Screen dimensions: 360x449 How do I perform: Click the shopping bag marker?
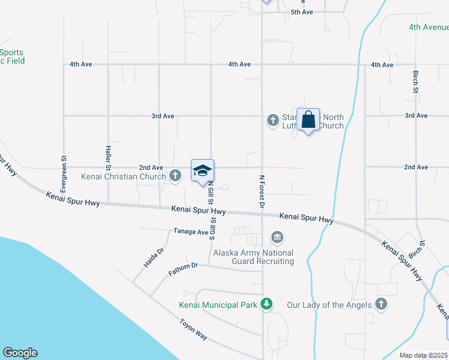pyautogui.click(x=308, y=119)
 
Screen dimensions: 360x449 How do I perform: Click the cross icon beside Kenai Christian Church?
pyautogui.click(x=175, y=176)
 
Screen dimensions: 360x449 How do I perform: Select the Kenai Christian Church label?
pyautogui.click(x=124, y=176)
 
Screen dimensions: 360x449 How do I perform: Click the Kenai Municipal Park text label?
pyautogui.click(x=218, y=305)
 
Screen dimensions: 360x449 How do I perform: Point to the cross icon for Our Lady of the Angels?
pyautogui.click(x=381, y=304)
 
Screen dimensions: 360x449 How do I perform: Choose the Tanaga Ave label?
pyautogui.click(x=190, y=230)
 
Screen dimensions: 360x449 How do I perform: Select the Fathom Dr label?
pyautogui.click(x=183, y=267)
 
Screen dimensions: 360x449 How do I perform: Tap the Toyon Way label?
pyautogui.click(x=193, y=329)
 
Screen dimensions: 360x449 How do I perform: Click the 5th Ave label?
pyautogui.click(x=302, y=12)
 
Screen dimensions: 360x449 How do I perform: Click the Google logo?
pyautogui.click(x=20, y=353)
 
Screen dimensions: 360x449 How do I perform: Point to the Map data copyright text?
pyautogui.click(x=423, y=355)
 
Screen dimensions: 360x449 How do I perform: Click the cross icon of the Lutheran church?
pyautogui.click(x=272, y=121)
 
